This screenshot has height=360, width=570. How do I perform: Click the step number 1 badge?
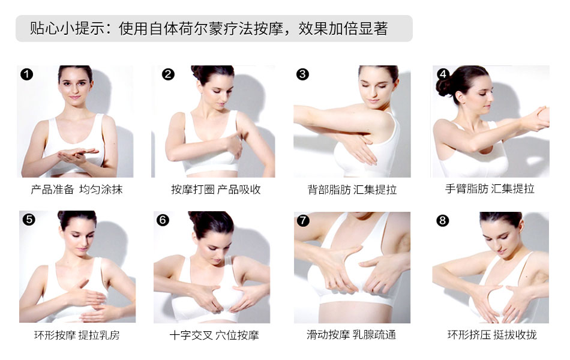(26, 74)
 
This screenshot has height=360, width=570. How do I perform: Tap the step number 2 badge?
(168, 74)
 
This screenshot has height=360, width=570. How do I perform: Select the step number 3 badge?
(302, 74)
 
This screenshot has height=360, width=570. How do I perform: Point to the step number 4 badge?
(443, 74)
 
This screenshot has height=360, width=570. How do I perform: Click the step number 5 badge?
(29, 220)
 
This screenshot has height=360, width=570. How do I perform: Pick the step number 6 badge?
(163, 220)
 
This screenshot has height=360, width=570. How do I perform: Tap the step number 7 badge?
(303, 220)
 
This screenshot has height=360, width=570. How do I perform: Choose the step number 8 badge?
(442, 220)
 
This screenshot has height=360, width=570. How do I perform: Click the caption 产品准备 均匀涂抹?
(77, 190)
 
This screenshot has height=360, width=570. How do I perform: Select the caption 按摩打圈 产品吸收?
(216, 190)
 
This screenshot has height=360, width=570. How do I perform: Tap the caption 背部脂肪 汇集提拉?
(352, 190)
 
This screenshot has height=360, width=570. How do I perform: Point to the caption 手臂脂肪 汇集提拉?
(490, 189)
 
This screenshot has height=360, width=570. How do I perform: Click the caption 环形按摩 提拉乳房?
(77, 335)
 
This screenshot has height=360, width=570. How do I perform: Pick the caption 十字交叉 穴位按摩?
(214, 335)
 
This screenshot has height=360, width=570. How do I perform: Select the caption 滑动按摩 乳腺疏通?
(351, 335)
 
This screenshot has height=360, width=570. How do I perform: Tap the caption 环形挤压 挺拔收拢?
(492, 335)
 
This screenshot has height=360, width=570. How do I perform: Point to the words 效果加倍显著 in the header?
(343, 28)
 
